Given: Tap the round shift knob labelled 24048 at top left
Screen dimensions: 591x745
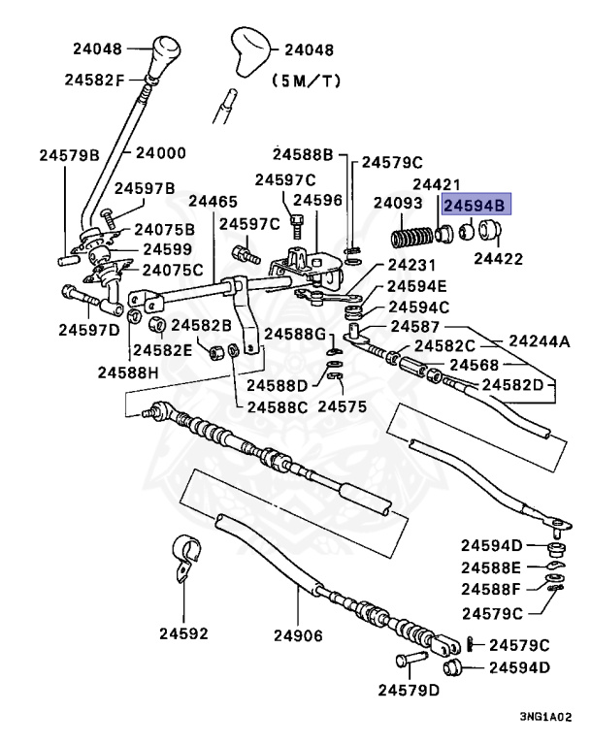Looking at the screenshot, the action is pos(166,53).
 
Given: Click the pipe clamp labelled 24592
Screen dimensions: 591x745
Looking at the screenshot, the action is pos(185,559).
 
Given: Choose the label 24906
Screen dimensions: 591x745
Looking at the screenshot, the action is pos(298,635).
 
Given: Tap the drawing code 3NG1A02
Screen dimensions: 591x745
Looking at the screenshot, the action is pos(545,716).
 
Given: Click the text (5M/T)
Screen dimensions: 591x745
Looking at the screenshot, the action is pos(307,81).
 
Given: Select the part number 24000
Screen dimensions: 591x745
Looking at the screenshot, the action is pos(160,152).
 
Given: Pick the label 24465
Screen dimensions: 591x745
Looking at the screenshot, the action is pos(213,201).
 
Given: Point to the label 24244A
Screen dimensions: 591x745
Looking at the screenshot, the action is pos(540,340).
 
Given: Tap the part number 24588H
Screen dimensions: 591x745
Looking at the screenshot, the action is pos(128,372).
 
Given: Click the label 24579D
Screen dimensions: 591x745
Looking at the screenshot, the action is pos(409,690).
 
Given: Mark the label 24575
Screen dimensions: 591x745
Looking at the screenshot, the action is pos(343,406).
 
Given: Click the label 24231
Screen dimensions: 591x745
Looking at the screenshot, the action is pos(412,265).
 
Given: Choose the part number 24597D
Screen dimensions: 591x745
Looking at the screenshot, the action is pos(89,329).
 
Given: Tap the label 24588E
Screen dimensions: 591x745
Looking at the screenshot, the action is pos(491,567).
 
